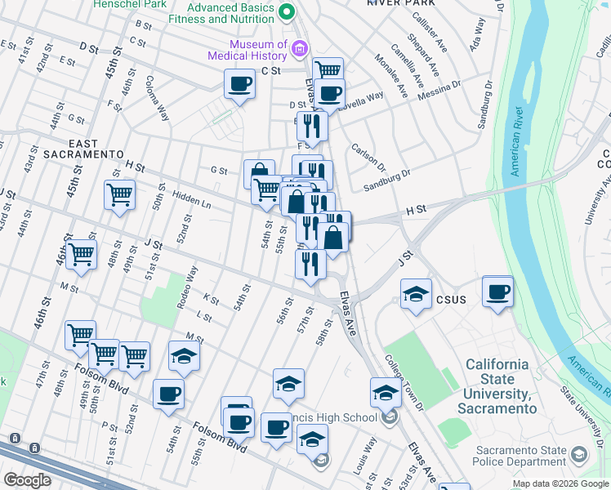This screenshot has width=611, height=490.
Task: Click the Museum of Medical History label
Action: pos(248,51)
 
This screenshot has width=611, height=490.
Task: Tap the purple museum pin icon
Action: pos(299,50)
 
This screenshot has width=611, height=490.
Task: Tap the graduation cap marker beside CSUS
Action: pos(416,294)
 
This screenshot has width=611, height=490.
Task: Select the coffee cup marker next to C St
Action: pos(240,82)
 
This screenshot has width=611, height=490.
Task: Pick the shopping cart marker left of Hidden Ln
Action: pos(119,195)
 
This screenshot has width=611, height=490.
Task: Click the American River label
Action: pos(516,141)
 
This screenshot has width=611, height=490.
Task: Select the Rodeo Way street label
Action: pos(188,287)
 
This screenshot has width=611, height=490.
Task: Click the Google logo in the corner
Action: pos(27,480)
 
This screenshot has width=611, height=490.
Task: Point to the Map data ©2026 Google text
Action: pos(560,483)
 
